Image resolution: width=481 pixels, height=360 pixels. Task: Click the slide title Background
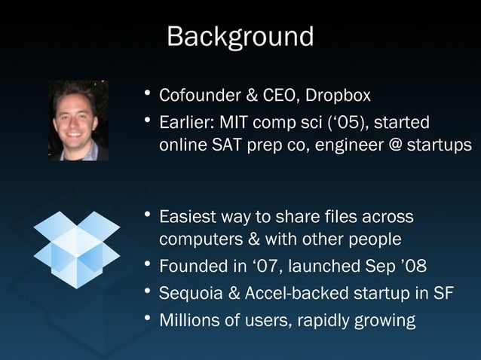(240, 36)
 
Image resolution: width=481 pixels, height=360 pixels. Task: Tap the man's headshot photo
(78, 121)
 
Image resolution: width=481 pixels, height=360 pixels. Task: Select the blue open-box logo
(77, 249)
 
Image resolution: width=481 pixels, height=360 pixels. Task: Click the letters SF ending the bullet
(443, 293)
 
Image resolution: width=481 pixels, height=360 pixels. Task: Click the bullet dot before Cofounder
(149, 95)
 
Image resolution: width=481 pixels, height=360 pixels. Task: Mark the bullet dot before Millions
(149, 318)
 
